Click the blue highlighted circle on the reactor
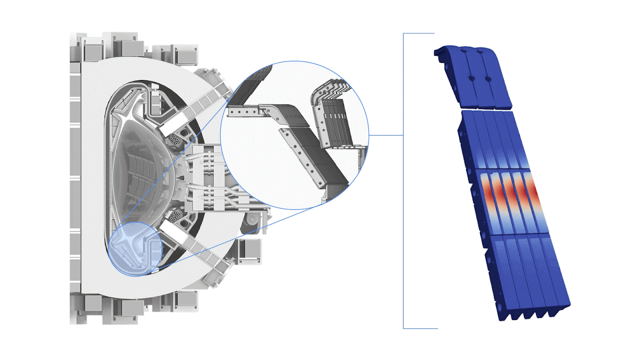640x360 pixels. (133, 248)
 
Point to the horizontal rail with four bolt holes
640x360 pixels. (242, 111)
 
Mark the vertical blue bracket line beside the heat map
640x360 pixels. (404, 182)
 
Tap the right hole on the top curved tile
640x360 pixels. (488, 79)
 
